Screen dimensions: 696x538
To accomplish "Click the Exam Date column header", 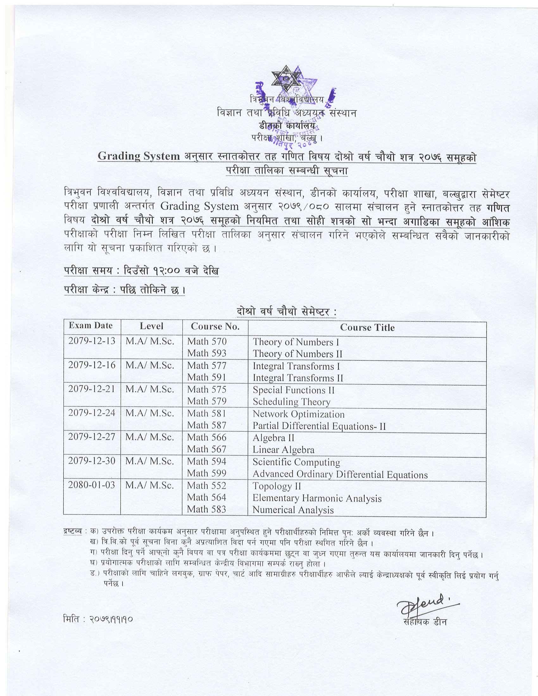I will [91, 326].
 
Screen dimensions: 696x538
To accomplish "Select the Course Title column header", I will [367, 327].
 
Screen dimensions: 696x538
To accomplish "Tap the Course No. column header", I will [215, 326].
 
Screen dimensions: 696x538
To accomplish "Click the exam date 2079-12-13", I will [91, 341].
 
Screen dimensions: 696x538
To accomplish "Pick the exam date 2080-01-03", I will [91, 485].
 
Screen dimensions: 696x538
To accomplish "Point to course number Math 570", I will [207, 342].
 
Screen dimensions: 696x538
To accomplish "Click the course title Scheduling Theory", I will [291, 402].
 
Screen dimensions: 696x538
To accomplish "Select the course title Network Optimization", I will [298, 414].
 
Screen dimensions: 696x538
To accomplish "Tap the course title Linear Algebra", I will [283, 450].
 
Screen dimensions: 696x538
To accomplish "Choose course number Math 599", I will [207, 473].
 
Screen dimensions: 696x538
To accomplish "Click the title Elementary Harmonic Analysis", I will [317, 498].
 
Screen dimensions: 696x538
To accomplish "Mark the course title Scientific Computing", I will [296, 462].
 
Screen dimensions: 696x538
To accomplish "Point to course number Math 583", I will [207, 509].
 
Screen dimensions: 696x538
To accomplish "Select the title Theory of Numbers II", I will [297, 354].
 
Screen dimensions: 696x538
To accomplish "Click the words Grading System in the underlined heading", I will [139, 156].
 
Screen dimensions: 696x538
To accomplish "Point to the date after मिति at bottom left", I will [111, 620].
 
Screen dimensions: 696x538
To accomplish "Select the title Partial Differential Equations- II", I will [319, 426].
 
